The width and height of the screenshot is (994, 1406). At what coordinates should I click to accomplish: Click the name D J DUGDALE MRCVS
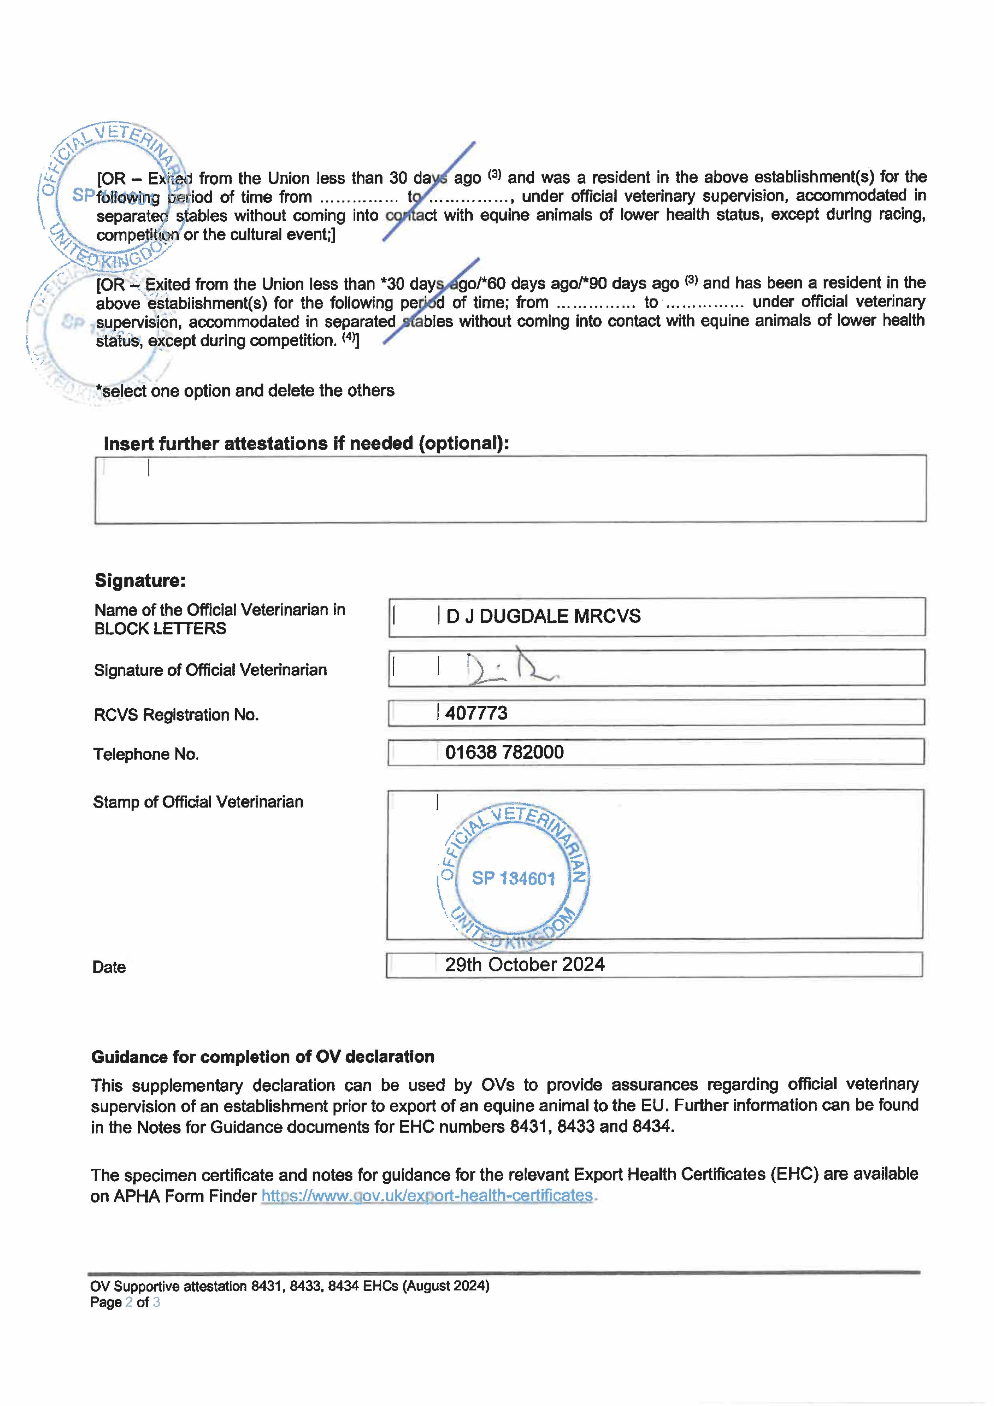point(543,616)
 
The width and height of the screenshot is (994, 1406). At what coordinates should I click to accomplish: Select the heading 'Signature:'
point(140,580)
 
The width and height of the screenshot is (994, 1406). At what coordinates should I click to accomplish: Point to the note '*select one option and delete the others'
point(245,391)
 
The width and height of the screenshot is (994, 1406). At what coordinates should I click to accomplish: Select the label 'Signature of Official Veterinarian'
point(210,670)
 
